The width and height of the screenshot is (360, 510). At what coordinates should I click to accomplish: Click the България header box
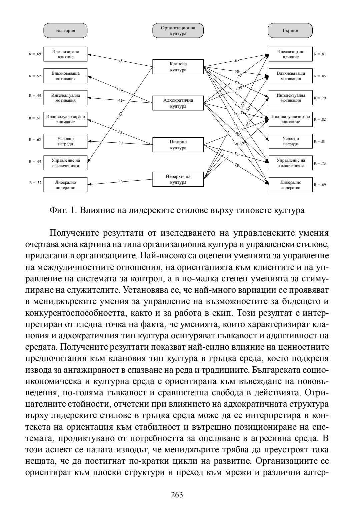click(x=65, y=30)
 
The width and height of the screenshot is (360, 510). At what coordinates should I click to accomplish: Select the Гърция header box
click(x=290, y=30)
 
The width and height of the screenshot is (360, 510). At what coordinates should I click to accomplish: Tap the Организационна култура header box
click(x=178, y=30)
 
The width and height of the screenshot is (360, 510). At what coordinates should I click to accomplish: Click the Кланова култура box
click(x=178, y=67)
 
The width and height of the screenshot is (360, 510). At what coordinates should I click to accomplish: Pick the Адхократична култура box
click(x=178, y=103)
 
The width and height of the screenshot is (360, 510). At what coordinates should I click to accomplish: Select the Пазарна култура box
click(x=178, y=145)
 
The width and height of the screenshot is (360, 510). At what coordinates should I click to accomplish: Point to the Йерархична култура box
click(x=178, y=179)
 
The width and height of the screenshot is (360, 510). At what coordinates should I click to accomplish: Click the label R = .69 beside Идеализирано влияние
click(x=35, y=54)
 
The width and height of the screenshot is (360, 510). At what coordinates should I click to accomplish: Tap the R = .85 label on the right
click(x=320, y=76)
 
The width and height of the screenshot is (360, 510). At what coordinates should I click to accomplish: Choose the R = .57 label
click(x=35, y=183)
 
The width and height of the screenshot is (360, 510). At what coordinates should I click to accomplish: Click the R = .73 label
click(x=320, y=163)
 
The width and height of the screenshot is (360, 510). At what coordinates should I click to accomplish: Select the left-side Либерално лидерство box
click(x=65, y=185)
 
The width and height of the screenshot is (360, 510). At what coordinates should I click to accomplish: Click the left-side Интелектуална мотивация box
click(x=65, y=98)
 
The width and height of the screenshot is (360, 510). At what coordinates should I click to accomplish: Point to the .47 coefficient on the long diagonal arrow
click(x=120, y=114)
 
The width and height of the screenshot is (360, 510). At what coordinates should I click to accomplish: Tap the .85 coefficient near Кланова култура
click(x=236, y=60)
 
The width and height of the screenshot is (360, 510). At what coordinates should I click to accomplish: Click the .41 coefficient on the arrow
click(x=120, y=100)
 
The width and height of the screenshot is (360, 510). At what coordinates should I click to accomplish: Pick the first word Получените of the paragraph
click(x=78, y=233)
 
